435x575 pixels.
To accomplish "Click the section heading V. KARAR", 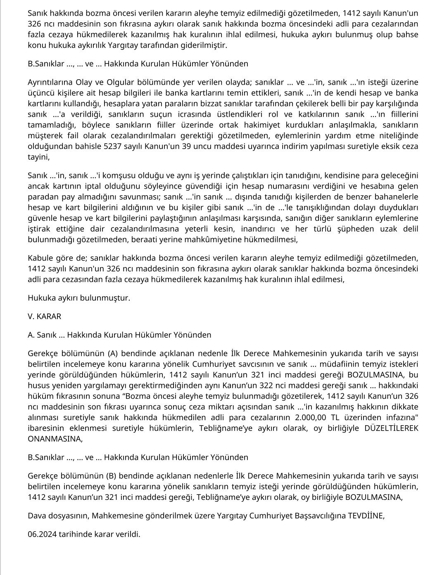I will click(44, 317).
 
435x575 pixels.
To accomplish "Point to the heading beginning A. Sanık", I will click(119, 335).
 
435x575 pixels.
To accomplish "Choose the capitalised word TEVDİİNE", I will click(365, 516).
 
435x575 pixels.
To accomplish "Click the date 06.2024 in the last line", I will click(41, 534).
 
